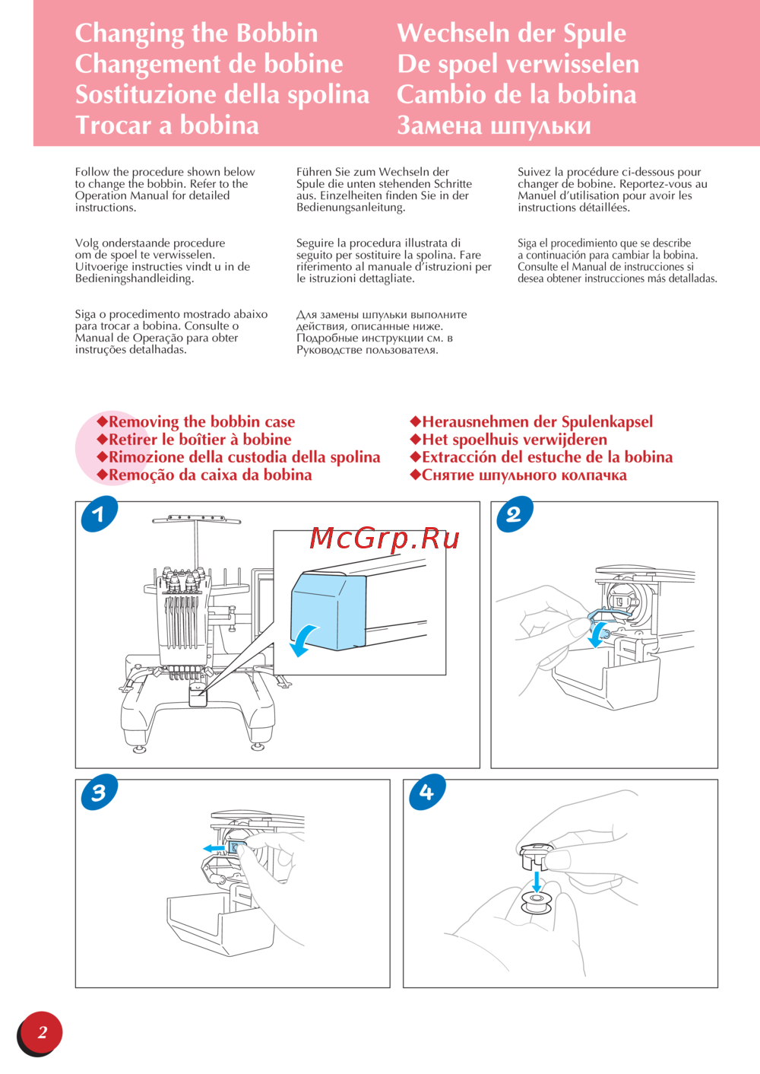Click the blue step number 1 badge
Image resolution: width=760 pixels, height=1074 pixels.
point(99,514)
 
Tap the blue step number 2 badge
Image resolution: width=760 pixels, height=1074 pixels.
point(514,514)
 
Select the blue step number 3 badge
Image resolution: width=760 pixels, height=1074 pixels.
point(99,793)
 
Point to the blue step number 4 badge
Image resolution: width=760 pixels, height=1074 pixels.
point(426,793)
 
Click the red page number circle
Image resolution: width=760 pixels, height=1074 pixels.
point(42,1032)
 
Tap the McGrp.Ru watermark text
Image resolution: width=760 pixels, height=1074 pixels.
point(385,539)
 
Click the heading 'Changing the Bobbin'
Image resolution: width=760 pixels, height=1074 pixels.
point(196,33)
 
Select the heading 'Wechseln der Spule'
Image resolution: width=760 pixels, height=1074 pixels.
point(511,33)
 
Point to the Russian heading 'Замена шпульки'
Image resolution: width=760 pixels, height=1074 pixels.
point(493,125)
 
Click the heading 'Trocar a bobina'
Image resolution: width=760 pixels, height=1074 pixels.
point(167,125)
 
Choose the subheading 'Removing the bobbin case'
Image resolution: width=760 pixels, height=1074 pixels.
point(201,421)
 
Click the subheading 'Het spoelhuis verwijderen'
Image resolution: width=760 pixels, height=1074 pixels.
point(514,440)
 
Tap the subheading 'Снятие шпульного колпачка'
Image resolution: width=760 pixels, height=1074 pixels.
point(524,475)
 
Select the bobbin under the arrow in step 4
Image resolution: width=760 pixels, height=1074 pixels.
point(537,904)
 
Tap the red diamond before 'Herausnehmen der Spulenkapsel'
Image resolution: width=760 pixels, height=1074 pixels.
point(415,421)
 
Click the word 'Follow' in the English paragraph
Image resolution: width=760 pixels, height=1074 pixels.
point(92,172)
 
